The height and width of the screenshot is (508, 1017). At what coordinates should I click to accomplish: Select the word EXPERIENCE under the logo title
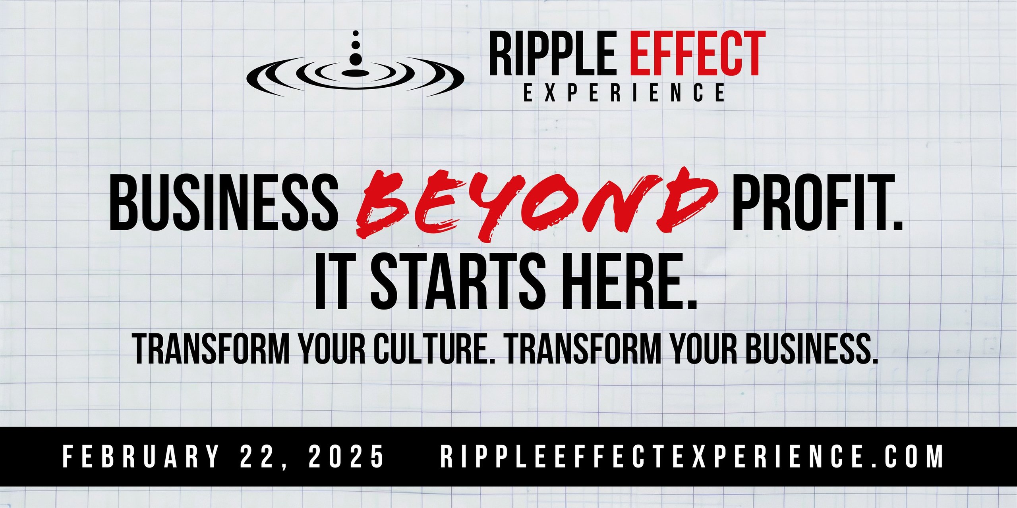click(624, 92)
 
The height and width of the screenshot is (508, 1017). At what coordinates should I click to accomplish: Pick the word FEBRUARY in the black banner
click(141, 456)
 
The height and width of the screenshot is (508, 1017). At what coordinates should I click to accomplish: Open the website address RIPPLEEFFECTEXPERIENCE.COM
click(692, 456)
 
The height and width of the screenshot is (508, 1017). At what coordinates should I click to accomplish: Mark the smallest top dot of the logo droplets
click(356, 33)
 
